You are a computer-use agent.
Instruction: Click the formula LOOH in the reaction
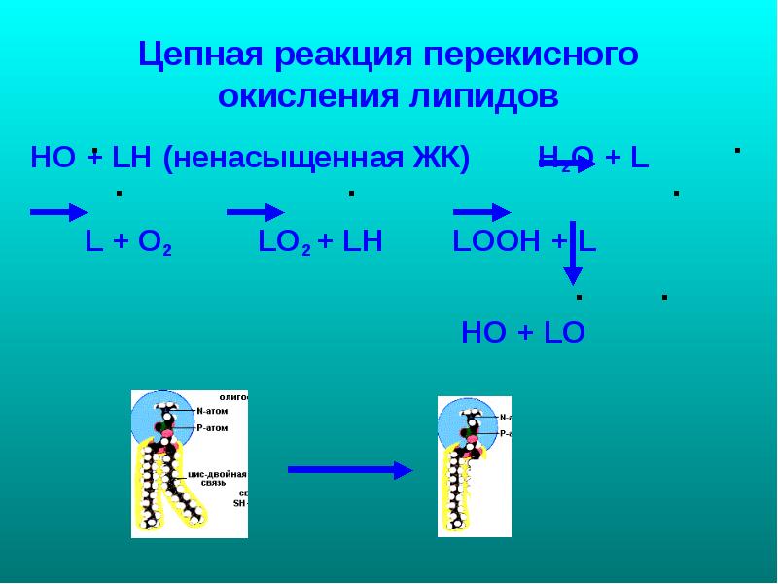(496, 242)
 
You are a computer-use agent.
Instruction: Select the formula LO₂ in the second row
(284, 242)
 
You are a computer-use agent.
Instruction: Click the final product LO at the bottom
(564, 333)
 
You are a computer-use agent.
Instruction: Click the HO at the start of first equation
(53, 158)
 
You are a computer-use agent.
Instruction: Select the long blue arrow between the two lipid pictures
(350, 470)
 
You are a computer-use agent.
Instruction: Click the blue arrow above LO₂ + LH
(255, 212)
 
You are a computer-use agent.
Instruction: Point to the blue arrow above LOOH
(482, 212)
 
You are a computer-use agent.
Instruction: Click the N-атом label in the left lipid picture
(211, 411)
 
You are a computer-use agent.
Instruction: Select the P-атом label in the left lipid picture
(211, 427)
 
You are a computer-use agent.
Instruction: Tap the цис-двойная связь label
(221, 478)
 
